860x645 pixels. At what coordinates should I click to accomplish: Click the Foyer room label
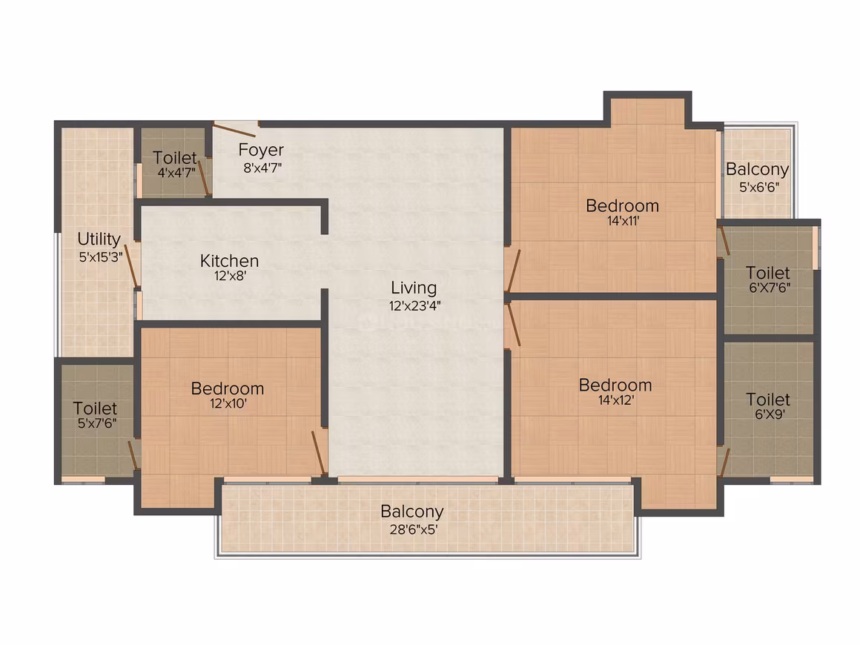point(261,150)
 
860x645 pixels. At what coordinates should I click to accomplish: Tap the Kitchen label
point(229,260)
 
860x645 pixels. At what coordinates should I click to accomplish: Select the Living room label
point(414,288)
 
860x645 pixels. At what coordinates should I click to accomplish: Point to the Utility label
point(99,239)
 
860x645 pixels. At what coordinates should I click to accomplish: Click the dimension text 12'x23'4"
point(414,306)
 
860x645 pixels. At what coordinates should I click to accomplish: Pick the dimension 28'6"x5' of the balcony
point(414,530)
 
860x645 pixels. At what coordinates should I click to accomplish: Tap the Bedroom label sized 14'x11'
point(622,205)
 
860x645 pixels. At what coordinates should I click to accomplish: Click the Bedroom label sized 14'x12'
point(615,385)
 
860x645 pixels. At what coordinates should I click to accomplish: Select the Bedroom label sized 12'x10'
point(228,388)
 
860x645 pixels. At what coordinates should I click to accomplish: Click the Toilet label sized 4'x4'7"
point(174,158)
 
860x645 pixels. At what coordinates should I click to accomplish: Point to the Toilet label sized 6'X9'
point(768,400)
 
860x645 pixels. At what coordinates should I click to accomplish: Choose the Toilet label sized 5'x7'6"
point(95,408)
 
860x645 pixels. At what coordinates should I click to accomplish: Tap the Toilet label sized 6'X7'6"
point(768,273)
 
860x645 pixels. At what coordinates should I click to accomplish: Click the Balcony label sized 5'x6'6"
point(757,170)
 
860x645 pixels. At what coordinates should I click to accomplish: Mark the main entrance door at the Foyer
point(234,130)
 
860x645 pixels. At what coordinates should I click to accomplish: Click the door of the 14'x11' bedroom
point(513,271)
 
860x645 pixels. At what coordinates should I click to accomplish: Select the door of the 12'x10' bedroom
point(320,452)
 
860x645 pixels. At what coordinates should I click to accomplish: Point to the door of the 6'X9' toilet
point(724,463)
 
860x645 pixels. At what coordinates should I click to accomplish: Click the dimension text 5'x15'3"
point(100,257)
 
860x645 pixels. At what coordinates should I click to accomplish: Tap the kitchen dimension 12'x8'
point(231,276)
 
